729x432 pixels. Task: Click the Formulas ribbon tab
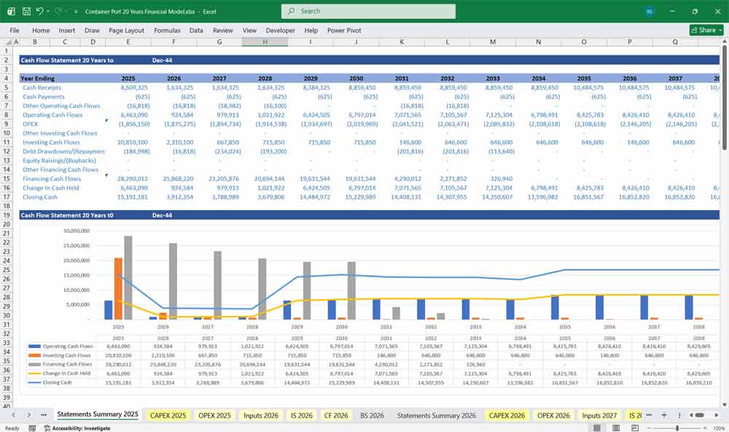[x=167, y=31]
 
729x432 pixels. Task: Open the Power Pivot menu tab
[x=344, y=31]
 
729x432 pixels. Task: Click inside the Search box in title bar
[x=368, y=11]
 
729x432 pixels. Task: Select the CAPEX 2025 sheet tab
[x=168, y=415]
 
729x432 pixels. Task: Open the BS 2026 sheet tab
[x=372, y=415]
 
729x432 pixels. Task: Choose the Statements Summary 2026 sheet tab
[x=436, y=415]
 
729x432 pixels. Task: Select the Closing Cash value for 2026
[x=179, y=197]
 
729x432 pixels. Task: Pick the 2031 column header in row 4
[x=401, y=78]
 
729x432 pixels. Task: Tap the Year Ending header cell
[x=37, y=78]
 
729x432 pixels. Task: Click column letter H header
[x=265, y=42]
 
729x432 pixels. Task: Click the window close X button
[x=714, y=11]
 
